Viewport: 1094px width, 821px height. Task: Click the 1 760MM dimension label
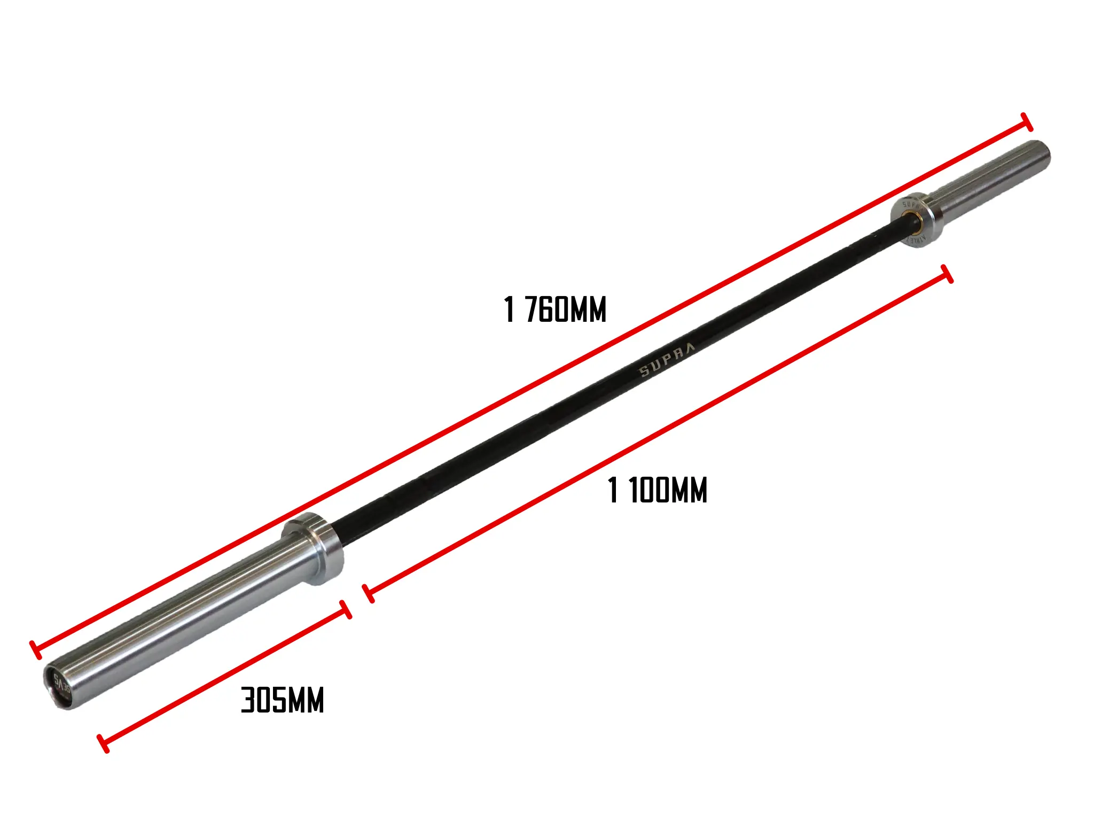(x=555, y=309)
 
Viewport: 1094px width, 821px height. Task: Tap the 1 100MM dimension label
(x=658, y=490)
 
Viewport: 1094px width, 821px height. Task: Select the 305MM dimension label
(x=283, y=700)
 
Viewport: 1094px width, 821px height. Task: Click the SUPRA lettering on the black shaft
(x=668, y=360)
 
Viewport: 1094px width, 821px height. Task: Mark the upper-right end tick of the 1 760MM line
(x=1027, y=122)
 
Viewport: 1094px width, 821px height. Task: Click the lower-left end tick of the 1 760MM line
(x=35, y=649)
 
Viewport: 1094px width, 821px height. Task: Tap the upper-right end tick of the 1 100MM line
(x=947, y=273)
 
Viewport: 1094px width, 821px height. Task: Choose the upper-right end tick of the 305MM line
(x=346, y=609)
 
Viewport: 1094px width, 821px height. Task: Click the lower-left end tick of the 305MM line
(x=103, y=743)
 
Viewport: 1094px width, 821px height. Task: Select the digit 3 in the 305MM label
(x=248, y=700)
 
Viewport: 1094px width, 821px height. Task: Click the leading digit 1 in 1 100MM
(x=613, y=490)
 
